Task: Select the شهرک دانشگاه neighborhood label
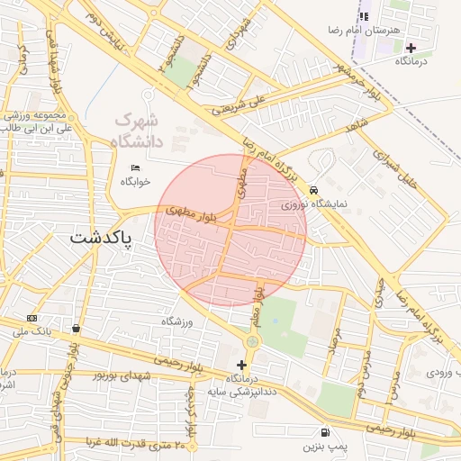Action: pyautogui.click(x=135, y=131)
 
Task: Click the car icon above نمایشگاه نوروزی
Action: pyautogui.click(x=312, y=191)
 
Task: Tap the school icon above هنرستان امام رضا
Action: pyautogui.click(x=364, y=16)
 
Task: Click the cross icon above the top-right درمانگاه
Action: pyautogui.click(x=411, y=48)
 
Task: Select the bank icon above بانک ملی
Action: pyautogui.click(x=32, y=318)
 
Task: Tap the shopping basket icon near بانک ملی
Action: pyautogui.click(x=76, y=328)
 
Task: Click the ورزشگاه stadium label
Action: pyautogui.click(x=177, y=321)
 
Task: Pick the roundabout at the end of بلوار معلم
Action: pyautogui.click(x=251, y=341)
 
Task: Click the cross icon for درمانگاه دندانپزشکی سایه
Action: pyautogui.click(x=240, y=365)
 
